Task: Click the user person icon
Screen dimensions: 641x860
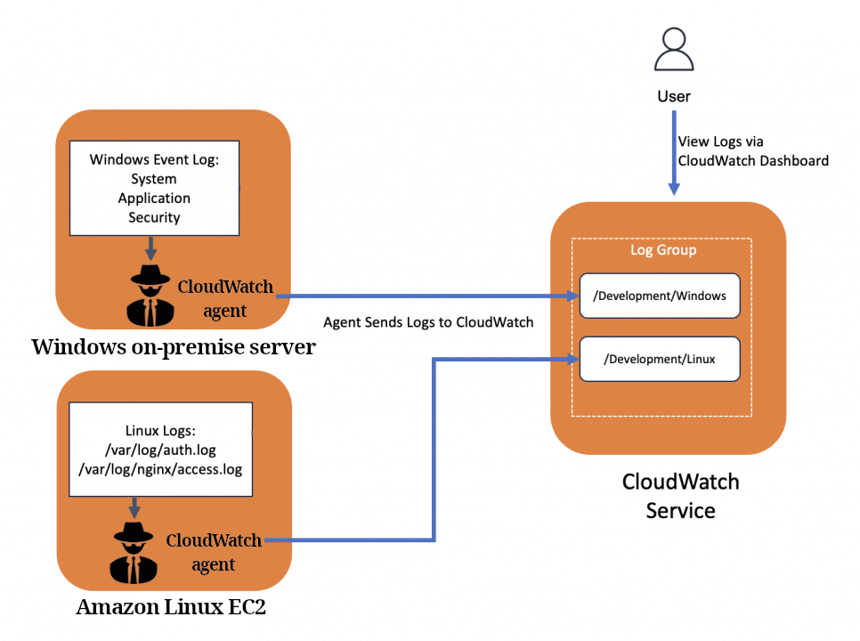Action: coord(674,50)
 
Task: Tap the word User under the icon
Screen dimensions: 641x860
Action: coord(674,96)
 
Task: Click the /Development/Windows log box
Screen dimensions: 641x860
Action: coord(660,296)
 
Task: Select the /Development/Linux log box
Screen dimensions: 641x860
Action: coord(660,360)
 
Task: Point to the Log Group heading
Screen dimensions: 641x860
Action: coord(663,250)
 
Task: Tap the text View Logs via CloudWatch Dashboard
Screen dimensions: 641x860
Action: coord(752,151)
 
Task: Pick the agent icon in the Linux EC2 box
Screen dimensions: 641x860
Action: coord(134,551)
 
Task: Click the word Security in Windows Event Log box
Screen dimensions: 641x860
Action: coord(154,217)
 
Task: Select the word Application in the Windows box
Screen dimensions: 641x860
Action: coord(154,198)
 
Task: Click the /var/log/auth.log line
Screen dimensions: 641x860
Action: coord(160,450)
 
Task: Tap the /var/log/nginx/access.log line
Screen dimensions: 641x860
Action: coord(160,469)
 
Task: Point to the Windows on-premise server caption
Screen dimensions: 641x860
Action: coord(173,347)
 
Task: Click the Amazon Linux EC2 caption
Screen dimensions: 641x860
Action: coord(172,608)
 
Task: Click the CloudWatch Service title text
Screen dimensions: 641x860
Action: coord(680,496)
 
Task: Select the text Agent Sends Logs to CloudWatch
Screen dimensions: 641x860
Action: coord(428,322)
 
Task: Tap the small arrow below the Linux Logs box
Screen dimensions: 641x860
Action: coord(134,507)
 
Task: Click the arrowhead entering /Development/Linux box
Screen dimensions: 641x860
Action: coord(570,360)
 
